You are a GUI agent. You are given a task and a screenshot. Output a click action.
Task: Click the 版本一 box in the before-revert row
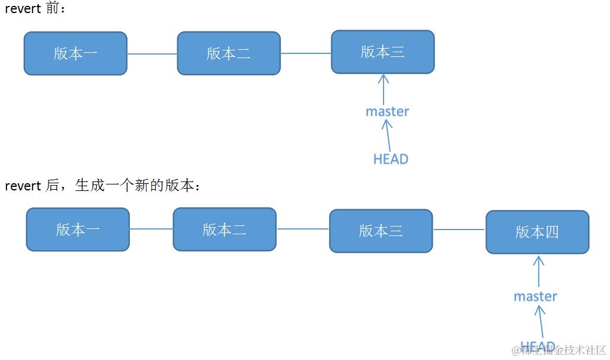click(x=75, y=53)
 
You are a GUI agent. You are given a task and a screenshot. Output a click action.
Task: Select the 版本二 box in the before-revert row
click(x=228, y=53)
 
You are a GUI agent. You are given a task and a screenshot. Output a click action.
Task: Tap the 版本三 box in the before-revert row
click(x=382, y=52)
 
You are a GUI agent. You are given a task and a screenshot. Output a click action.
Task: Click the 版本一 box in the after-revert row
click(x=78, y=230)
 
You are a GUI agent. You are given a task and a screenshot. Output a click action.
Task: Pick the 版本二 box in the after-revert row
click(x=224, y=229)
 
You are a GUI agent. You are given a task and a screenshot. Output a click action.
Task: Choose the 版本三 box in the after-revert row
click(x=381, y=231)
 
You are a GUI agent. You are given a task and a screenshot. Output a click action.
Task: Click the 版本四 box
click(x=537, y=232)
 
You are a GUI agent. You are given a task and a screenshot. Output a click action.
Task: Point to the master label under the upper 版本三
click(x=387, y=111)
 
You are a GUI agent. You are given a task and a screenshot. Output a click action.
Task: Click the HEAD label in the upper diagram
click(x=391, y=159)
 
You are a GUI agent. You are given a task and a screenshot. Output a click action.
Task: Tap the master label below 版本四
click(x=535, y=296)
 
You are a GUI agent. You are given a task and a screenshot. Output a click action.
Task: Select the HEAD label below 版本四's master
click(x=538, y=346)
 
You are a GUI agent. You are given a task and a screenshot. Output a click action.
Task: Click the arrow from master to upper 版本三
click(x=384, y=89)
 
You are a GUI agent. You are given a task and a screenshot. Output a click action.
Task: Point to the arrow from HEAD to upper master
click(x=388, y=135)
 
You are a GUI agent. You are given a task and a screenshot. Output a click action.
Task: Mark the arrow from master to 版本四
click(x=538, y=272)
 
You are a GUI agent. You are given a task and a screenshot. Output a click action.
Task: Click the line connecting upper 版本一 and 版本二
click(x=152, y=54)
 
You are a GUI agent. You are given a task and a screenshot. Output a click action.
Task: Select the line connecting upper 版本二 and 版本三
click(x=305, y=53)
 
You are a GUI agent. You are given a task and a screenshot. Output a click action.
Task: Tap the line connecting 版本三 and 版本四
click(x=459, y=230)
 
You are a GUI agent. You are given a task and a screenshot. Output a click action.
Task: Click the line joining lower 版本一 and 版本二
click(x=151, y=229)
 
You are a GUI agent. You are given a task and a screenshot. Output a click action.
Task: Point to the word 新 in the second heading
click(x=141, y=186)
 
